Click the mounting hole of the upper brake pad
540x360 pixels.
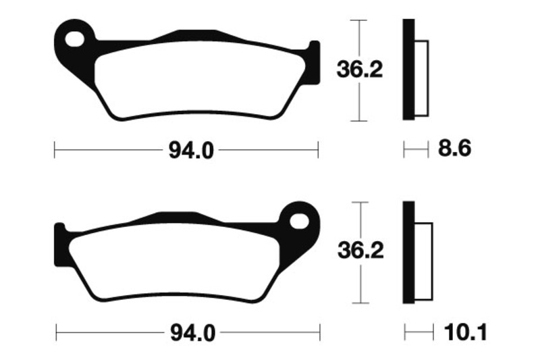[75, 39]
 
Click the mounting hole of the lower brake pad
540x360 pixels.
[299, 221]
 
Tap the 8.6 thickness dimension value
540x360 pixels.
[454, 149]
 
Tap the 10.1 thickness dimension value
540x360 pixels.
[465, 332]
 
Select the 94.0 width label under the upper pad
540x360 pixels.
[191, 151]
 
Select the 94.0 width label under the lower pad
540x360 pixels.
[193, 333]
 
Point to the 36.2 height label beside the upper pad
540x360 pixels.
[360, 70]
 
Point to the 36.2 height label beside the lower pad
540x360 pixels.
[360, 251]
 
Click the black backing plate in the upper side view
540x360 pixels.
[408, 70]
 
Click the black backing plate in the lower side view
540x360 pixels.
[408, 252]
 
